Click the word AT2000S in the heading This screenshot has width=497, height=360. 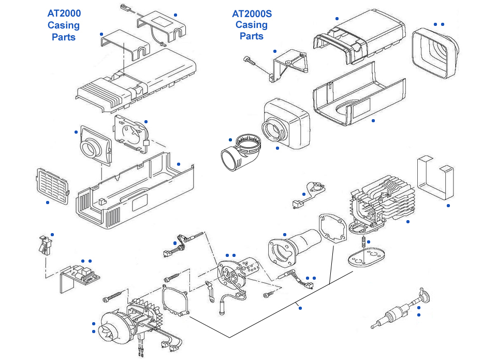click(x=252, y=13)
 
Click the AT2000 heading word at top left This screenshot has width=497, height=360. click(x=64, y=13)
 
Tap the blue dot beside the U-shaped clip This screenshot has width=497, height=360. click(x=448, y=206)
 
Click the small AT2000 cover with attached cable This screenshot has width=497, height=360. click(x=161, y=26)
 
